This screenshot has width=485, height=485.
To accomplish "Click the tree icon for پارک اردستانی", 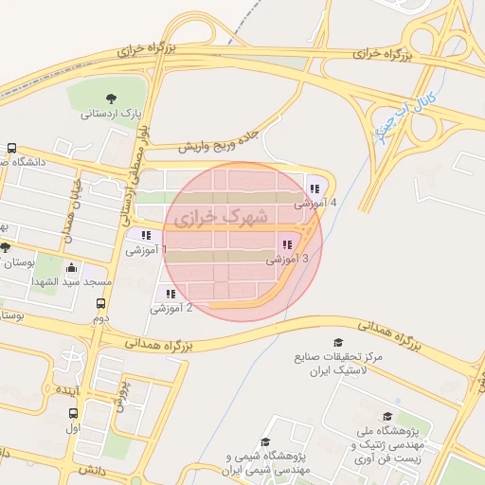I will click(x=112, y=99).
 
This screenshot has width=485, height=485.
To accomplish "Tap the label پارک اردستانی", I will click(x=112, y=115).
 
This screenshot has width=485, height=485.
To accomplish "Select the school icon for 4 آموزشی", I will click(x=314, y=189).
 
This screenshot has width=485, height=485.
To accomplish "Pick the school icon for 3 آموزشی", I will click(x=286, y=244).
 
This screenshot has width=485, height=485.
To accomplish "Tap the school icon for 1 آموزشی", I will click(x=146, y=235).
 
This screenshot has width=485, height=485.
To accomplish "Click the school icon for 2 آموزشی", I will click(x=171, y=294).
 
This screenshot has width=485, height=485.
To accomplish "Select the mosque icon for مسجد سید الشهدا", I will click(x=70, y=268).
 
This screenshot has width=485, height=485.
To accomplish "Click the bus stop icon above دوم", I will click(x=101, y=304).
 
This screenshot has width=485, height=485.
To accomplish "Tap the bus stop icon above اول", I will click(x=73, y=414).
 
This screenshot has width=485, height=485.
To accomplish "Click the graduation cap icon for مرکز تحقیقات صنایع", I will click(x=338, y=342).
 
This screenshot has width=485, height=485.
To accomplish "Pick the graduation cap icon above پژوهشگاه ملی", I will click(x=386, y=416).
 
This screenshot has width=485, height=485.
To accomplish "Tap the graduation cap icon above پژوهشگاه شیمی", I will click(x=265, y=441).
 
